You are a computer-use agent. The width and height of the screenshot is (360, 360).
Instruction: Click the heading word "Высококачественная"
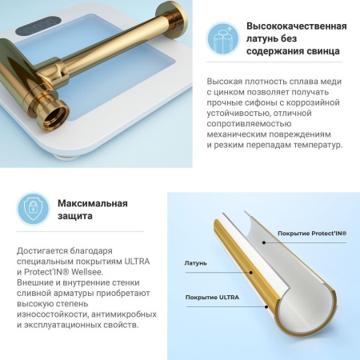pyautogui.click(x=297, y=26)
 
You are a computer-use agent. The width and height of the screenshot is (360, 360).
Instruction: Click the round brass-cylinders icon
pyautogui.click(x=223, y=38)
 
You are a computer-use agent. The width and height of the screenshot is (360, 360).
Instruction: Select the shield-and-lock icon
pyautogui.click(x=33, y=209)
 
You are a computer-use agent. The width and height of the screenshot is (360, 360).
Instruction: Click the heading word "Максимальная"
pyautogui.click(x=93, y=203)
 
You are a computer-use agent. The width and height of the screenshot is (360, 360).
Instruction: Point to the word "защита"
pyautogui.click(x=75, y=216)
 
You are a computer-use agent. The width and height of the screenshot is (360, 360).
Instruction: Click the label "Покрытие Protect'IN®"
pyautogui.click(x=312, y=234)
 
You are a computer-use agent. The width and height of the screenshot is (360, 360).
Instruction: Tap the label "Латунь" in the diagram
pyautogui.click(x=195, y=263)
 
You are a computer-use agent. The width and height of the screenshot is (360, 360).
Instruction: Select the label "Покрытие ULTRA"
pyautogui.click(x=212, y=298)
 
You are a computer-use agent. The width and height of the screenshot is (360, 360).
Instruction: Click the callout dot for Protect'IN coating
pyautogui.click(x=264, y=242)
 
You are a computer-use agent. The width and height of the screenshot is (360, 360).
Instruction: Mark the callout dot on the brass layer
pyautogui.click(x=250, y=273)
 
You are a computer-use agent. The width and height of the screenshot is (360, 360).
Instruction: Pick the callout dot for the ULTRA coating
pyautogui.click(x=266, y=306)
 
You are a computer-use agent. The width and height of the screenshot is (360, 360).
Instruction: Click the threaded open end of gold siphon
pyautogui.click(x=55, y=116)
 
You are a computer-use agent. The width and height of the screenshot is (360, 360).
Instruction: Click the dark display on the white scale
pyautogui.click(x=38, y=26)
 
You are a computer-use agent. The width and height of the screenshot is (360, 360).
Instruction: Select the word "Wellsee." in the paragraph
pyautogui.click(x=87, y=272)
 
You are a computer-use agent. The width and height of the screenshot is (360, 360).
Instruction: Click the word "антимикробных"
pyautogui.click(x=124, y=314)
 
